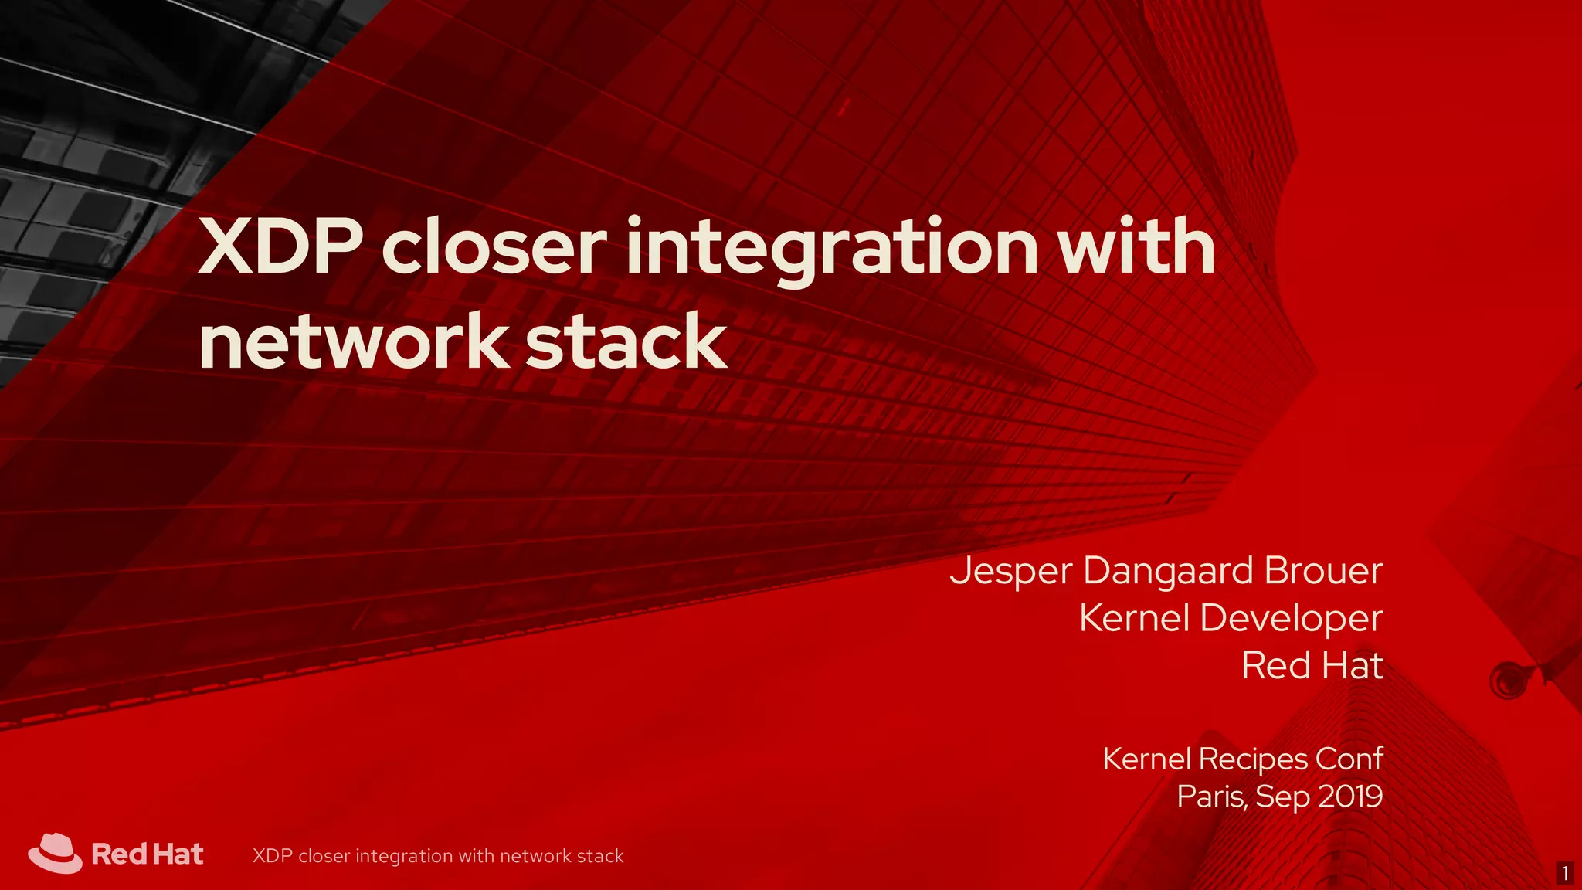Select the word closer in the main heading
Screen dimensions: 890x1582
click(494, 249)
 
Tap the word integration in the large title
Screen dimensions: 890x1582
click(832, 249)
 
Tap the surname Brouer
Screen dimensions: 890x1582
click(1323, 570)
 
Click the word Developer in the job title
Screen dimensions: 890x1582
click(1291, 618)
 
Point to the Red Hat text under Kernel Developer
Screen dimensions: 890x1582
click(1312, 665)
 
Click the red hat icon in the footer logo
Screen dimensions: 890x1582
click(55, 853)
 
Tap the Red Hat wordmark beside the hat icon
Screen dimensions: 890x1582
click(148, 854)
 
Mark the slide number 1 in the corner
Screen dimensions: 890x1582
click(1565, 874)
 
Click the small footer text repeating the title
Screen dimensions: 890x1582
click(438, 856)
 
